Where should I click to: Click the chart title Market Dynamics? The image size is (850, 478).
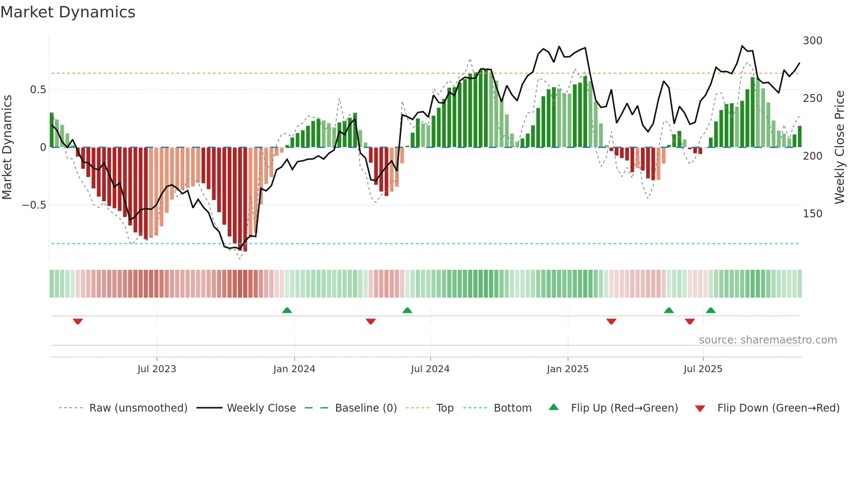click(x=68, y=12)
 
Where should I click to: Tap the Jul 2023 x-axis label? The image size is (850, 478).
click(x=157, y=369)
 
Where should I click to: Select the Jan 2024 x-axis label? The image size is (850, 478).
click(x=294, y=369)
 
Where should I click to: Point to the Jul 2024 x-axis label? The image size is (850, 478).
click(x=430, y=369)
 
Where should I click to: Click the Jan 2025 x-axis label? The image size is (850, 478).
click(x=567, y=369)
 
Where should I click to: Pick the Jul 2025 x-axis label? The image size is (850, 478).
click(x=703, y=369)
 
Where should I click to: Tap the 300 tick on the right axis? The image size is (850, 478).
click(x=812, y=41)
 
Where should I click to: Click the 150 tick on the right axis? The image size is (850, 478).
click(x=812, y=214)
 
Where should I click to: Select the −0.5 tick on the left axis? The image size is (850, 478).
click(x=34, y=205)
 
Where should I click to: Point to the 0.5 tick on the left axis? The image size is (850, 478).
click(x=38, y=90)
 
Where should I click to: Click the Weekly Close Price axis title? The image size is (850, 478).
click(x=840, y=147)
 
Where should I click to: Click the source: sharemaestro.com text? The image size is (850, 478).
click(x=768, y=340)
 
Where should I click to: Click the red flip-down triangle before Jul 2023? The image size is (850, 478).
click(x=78, y=321)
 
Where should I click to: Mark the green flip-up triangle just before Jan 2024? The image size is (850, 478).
click(x=287, y=310)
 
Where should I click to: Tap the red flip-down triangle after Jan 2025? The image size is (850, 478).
click(x=611, y=321)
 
